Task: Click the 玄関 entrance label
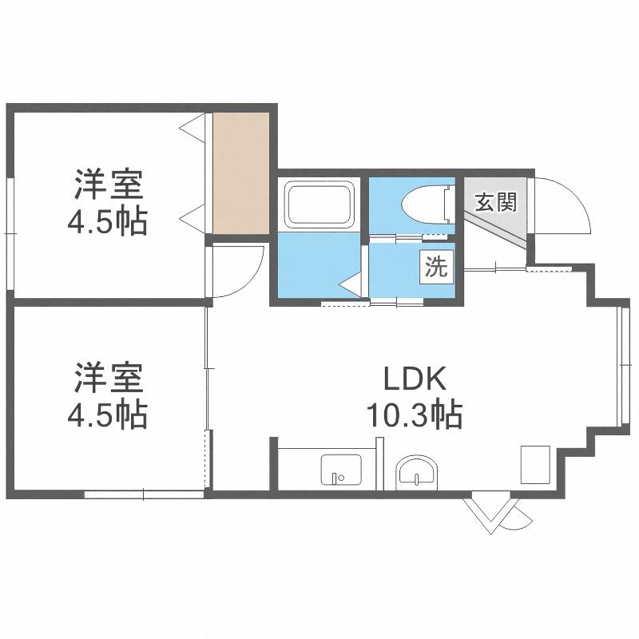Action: click(496, 202)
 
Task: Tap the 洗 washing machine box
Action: click(437, 267)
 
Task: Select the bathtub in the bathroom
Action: click(318, 204)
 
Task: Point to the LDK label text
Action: click(415, 379)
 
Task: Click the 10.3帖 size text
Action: click(415, 415)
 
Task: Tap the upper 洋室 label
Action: click(109, 185)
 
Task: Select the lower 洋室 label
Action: click(109, 378)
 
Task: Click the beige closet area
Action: click(241, 173)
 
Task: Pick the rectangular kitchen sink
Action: click(341, 470)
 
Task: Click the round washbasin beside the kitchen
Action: click(416, 473)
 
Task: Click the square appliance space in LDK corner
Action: click(535, 465)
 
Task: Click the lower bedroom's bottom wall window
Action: click(145, 494)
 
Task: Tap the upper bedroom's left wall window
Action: click(10, 234)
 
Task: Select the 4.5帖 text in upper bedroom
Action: click(107, 222)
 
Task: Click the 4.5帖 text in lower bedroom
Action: click(107, 415)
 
